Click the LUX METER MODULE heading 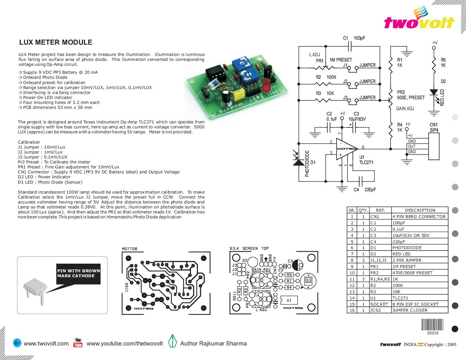pyautogui.click(x=56, y=42)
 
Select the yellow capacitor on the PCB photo pyautogui.click(x=239, y=95)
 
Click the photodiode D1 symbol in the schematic pyautogui.click(x=299, y=162)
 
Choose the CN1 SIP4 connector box pyautogui.click(x=434, y=146)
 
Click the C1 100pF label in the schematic pyautogui.click(x=354, y=38)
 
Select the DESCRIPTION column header pyautogui.click(x=420, y=210)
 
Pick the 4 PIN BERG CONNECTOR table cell pyautogui.click(x=419, y=217)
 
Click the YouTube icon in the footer pyautogui.click(x=78, y=343)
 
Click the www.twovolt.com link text pyautogui.click(x=46, y=343)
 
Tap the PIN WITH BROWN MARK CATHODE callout pyautogui.click(x=78, y=273)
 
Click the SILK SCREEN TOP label pyautogui.click(x=249, y=248)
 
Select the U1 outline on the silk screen pyautogui.click(x=289, y=300)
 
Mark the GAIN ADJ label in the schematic pyautogui.click(x=405, y=109)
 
